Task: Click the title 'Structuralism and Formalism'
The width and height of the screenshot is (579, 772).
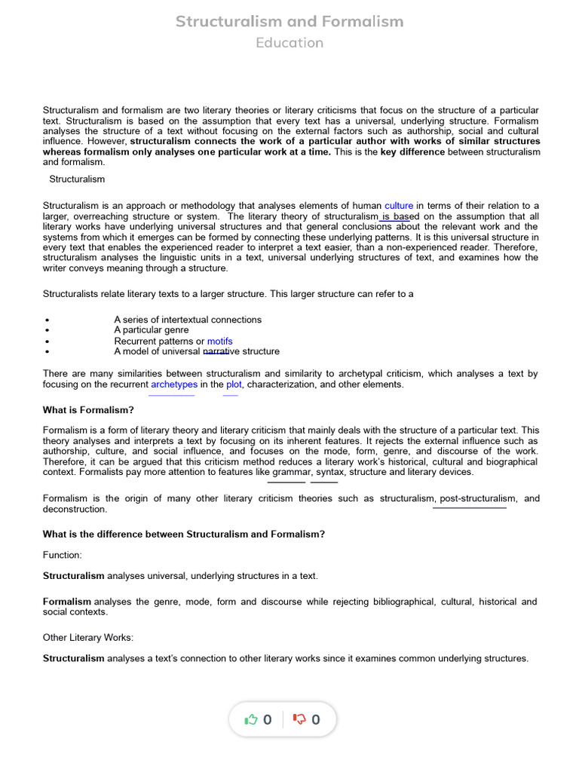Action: [289, 21]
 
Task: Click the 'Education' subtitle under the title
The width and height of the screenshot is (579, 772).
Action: [289, 43]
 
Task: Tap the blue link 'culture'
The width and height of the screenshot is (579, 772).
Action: [399, 206]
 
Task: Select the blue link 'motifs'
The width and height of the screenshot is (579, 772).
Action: [220, 341]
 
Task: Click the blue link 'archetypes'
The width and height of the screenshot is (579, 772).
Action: [174, 384]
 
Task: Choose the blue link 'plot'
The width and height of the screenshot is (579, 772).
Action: [234, 384]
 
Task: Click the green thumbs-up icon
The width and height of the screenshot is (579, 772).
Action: [252, 720]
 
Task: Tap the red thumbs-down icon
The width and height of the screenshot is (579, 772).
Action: [299, 720]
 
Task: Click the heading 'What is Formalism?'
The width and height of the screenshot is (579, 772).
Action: [89, 410]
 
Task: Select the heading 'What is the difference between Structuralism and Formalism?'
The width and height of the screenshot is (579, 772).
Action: [184, 535]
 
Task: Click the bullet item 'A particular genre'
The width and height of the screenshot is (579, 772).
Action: [152, 330]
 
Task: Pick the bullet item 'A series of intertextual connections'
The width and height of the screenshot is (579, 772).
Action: [188, 320]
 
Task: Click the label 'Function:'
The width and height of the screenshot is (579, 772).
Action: [63, 555]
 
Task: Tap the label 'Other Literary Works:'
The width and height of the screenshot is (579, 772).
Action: [88, 638]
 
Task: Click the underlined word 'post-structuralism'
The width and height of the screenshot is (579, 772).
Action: [478, 498]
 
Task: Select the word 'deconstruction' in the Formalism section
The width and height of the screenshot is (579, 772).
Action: [75, 510]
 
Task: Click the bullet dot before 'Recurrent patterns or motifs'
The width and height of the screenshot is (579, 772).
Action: [47, 342]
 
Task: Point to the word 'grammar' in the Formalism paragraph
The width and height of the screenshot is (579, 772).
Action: [291, 472]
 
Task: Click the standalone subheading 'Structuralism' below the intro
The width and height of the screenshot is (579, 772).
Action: [77, 179]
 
